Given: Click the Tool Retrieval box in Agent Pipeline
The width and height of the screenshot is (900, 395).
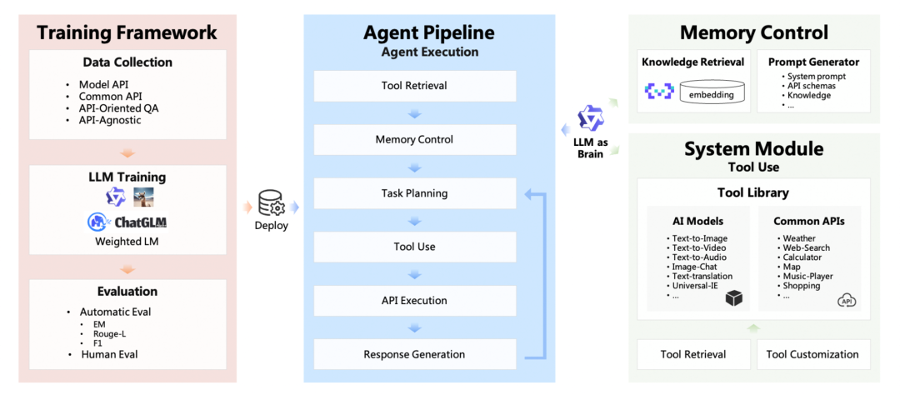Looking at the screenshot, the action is tap(414, 86).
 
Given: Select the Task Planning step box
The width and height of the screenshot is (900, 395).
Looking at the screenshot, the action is tap(414, 192).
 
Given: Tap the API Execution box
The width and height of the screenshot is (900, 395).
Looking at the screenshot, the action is tap(414, 300).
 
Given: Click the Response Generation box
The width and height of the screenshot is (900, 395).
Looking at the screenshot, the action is tap(414, 354).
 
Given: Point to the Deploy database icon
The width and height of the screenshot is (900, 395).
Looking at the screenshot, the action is tap(271, 202).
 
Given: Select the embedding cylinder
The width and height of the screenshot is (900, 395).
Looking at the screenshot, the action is tap(711, 92).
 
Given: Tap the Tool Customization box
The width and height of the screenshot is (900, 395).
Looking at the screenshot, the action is tap(812, 354).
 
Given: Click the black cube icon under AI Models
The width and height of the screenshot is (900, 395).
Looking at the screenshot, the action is tap(734, 299).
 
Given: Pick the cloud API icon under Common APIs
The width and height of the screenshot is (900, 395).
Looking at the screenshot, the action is tap(847, 300).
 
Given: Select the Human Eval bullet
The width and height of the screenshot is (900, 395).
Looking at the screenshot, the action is tap(110, 354).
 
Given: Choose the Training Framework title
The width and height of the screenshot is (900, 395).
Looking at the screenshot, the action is tap(127, 32).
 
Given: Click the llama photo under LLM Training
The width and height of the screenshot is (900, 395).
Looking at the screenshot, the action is tap(142, 197).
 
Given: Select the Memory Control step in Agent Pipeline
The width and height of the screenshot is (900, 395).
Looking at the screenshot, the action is tap(414, 139).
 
